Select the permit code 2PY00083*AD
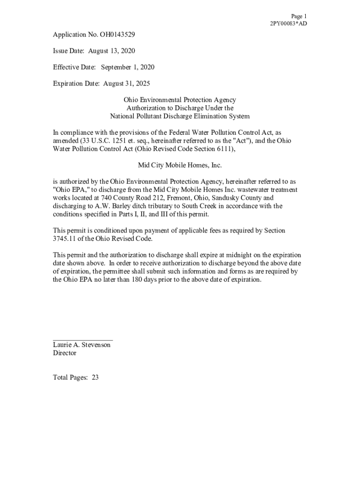pos(288,24)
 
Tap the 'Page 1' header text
pos(299,16)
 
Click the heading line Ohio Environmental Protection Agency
pos(180,100)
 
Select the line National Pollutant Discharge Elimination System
pos(180,116)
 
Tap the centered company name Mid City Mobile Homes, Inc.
pos(180,165)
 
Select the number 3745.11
pos(66,239)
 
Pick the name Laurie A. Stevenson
pos(82,345)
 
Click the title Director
pos(65,353)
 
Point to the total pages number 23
pos(95,377)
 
